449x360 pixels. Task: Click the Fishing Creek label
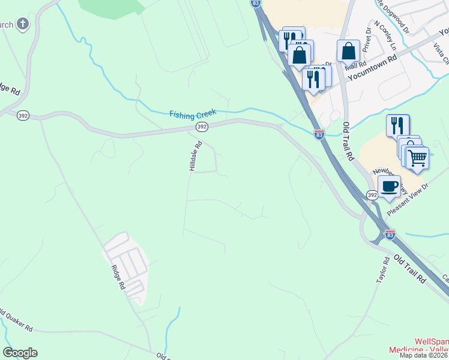[x=193, y=113]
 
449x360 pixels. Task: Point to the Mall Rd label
[x=356, y=65]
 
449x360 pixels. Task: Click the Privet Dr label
[x=367, y=36]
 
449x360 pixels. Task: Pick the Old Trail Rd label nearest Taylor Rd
[x=409, y=269]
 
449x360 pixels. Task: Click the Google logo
[x=20, y=353]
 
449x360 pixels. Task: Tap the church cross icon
[x=22, y=24]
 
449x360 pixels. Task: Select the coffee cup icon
[x=390, y=186]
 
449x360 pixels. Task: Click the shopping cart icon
[x=417, y=158]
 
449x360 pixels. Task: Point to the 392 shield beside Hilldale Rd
[x=202, y=127]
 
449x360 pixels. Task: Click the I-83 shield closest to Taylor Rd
[x=390, y=235]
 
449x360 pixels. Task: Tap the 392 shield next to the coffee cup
[x=372, y=195]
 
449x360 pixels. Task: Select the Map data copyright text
[x=424, y=355]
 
